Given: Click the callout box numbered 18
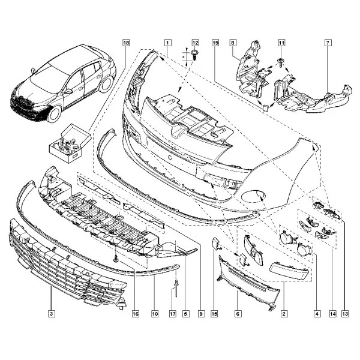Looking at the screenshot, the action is (x=126, y=43).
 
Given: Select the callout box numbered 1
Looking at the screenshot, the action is (x=167, y=43).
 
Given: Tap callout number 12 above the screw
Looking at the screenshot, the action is (x=195, y=43).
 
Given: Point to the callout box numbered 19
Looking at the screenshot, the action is (x=215, y=43).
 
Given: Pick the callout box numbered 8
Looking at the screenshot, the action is (x=233, y=43).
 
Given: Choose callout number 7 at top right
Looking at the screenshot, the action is (x=328, y=43).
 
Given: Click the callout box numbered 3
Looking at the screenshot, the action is (x=52, y=314).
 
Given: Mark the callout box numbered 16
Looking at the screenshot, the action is (x=136, y=314).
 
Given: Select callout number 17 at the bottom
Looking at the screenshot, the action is (x=173, y=314).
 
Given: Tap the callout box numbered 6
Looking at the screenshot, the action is (x=238, y=314).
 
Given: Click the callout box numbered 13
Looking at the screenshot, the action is (x=345, y=314).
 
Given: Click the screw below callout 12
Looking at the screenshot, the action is (x=194, y=55).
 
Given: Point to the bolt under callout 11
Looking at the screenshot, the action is (x=281, y=62).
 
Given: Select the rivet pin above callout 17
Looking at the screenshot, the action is (x=176, y=287).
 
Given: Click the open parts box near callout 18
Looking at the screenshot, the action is (x=70, y=143).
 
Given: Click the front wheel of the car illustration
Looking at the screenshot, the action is (x=55, y=114).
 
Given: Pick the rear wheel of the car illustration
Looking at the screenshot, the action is (x=106, y=84).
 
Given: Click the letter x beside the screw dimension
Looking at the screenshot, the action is (x=183, y=56).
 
